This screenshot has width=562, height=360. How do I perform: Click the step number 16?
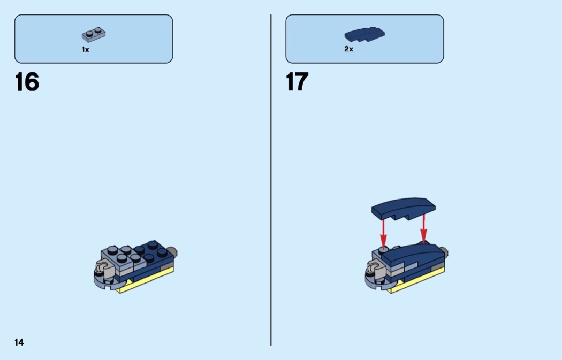27,82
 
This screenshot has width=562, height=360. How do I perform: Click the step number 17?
297,82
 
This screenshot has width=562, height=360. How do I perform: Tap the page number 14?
19,342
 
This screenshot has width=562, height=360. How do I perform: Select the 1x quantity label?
85,50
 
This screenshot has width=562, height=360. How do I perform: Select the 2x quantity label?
349,49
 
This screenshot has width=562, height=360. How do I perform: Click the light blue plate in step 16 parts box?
94,35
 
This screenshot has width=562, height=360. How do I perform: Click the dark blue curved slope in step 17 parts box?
364,34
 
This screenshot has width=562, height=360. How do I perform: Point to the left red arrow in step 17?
384,233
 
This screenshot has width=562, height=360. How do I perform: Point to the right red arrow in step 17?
424,228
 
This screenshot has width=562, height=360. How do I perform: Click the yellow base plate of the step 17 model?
418,281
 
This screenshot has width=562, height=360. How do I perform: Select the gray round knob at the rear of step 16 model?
172,251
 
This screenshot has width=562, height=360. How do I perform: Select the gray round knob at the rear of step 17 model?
443,252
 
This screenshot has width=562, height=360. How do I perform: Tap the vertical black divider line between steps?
271,180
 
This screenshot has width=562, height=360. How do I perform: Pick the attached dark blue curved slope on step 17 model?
412,256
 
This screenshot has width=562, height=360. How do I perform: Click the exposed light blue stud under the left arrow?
383,250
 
